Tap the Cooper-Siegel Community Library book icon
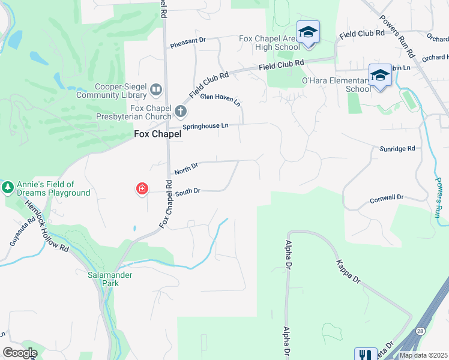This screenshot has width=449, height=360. tap(156, 90)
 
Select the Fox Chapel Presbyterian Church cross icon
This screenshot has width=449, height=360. tap(180, 112)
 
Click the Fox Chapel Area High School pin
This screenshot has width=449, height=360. tap(308, 32)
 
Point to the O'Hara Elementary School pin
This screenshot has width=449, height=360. tap(380, 76)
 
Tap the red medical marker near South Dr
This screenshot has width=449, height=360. tap(142, 190)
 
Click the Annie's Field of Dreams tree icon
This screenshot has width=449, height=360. tap(8, 188)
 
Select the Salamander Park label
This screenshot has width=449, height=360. tap(116, 279)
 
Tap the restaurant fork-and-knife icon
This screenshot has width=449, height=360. tap(365, 355)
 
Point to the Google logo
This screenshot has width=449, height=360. tap(20, 353)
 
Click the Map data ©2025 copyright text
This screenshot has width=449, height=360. tap(423, 355)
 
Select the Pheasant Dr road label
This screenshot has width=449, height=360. tap(187, 41)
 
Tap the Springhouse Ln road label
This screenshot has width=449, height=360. tap(208, 126)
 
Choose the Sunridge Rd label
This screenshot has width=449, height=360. tap(397, 148)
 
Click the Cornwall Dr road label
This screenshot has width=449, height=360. tap(387, 198)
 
